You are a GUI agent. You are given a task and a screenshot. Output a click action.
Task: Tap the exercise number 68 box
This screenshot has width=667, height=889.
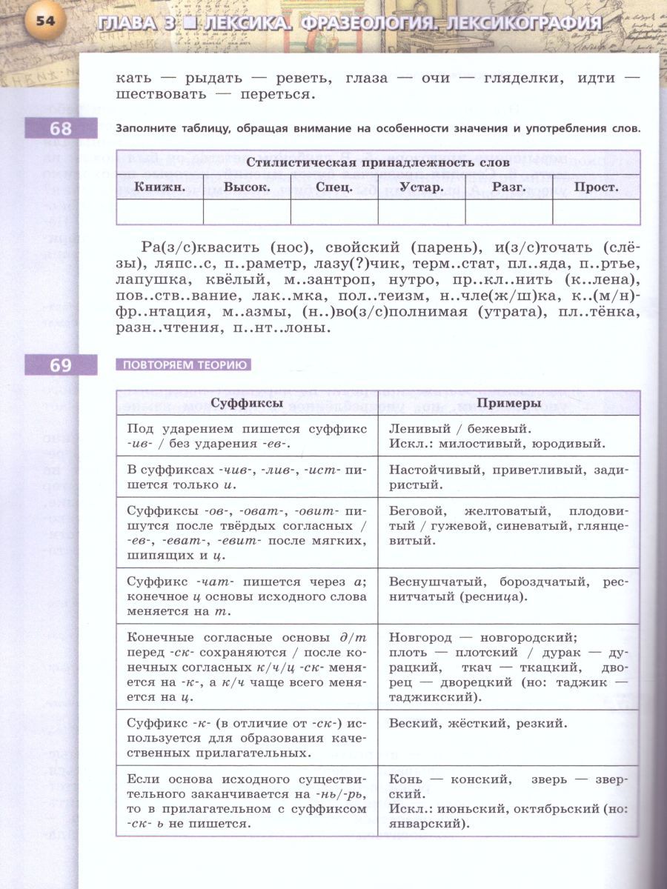click(x=61, y=129)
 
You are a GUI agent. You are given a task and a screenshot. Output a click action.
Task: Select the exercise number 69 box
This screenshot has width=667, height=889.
click(x=61, y=365)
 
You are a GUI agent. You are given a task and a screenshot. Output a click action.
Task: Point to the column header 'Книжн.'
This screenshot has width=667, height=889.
click(x=159, y=187)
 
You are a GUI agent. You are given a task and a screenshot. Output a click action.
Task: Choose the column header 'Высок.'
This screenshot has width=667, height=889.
click(x=247, y=187)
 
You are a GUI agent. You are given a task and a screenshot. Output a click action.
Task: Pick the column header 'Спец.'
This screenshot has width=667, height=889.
click(x=333, y=187)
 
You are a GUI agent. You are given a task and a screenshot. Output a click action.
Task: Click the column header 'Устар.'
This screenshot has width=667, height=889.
click(x=421, y=187)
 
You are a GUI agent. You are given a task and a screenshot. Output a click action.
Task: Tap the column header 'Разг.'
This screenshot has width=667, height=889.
click(x=508, y=187)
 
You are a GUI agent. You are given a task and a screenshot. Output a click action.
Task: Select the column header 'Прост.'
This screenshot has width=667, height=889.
click(x=596, y=187)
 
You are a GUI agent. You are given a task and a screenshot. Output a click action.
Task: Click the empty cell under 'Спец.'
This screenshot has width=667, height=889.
click(x=333, y=212)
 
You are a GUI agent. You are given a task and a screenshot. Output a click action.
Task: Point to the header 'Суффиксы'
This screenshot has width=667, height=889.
click(x=246, y=403)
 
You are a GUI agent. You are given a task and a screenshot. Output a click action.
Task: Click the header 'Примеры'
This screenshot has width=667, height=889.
click(x=508, y=403)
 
